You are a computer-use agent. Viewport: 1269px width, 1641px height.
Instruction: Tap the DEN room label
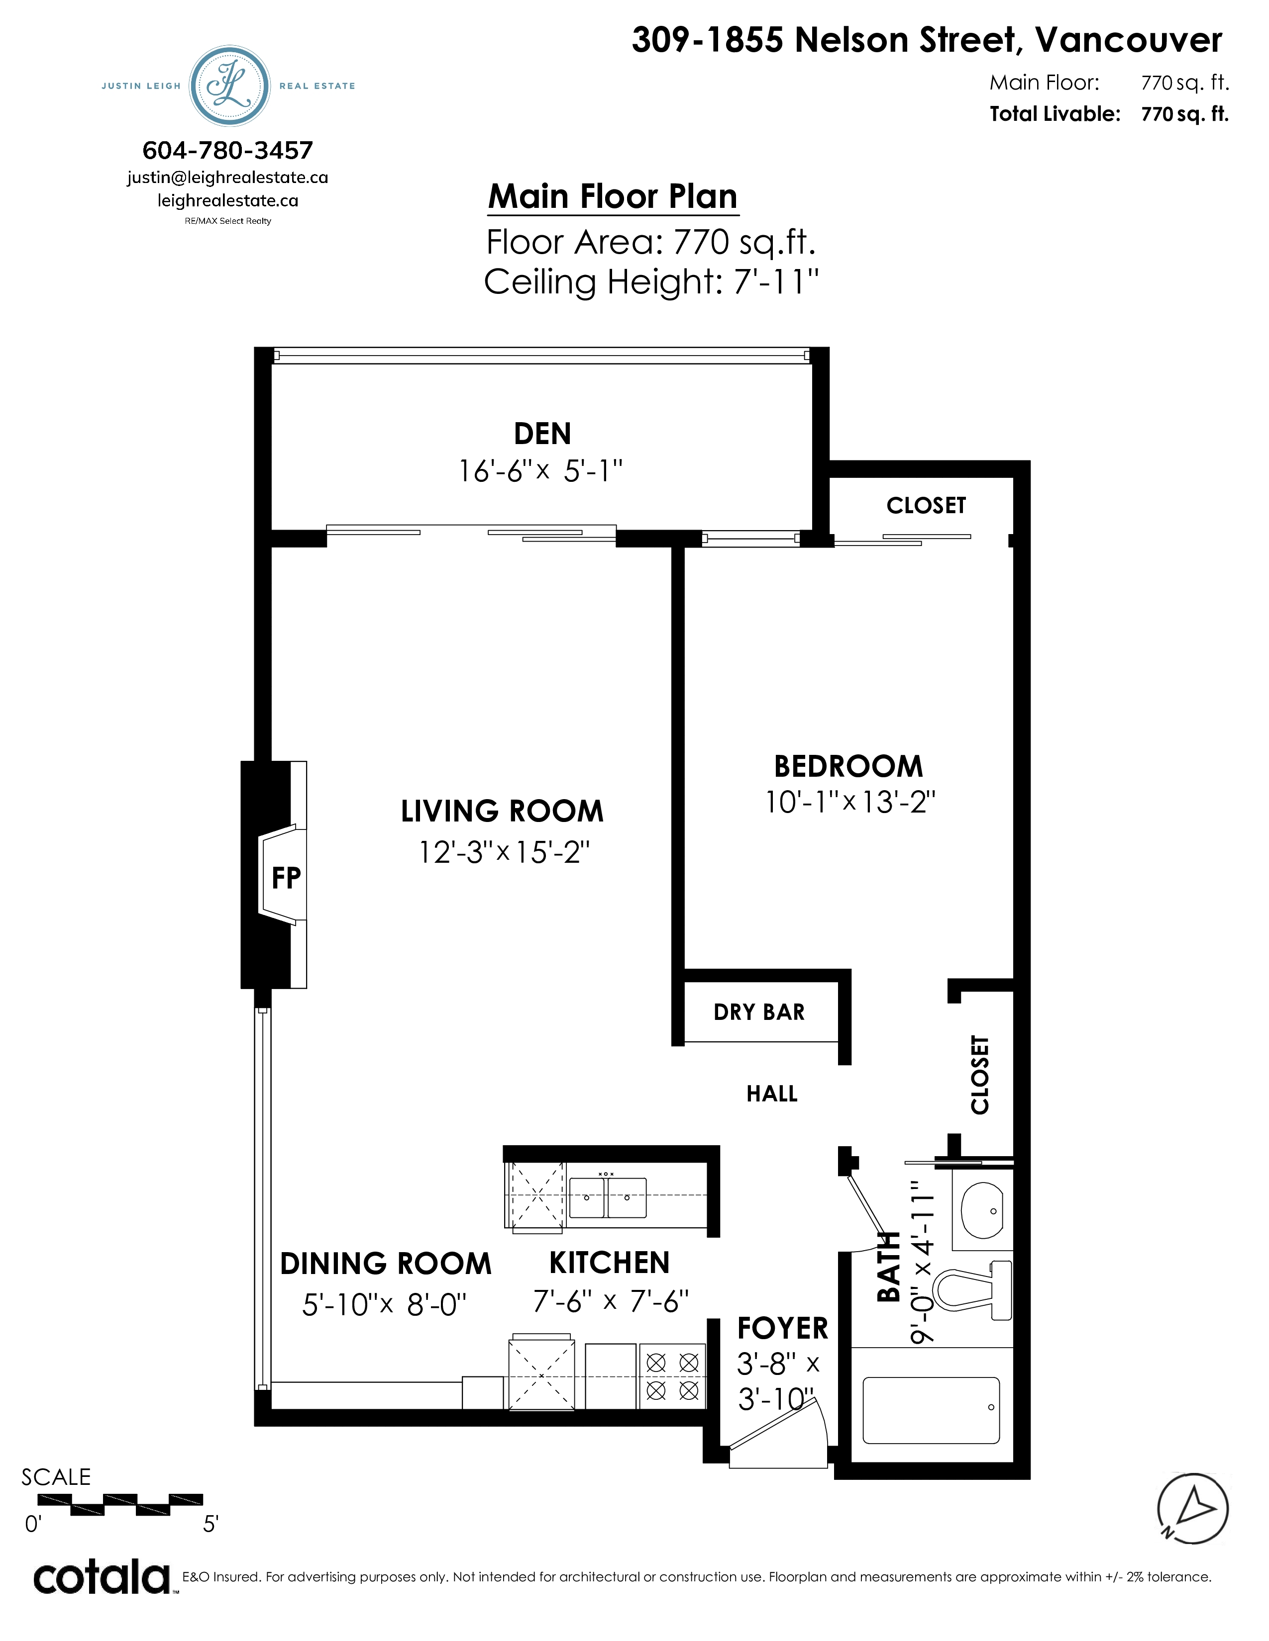click(x=542, y=434)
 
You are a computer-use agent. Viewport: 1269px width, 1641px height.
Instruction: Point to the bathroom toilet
click(x=973, y=1290)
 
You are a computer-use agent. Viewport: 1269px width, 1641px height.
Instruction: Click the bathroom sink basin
click(x=982, y=1210)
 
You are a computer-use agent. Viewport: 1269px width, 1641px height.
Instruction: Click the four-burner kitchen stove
click(x=672, y=1376)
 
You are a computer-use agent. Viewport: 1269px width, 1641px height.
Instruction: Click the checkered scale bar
click(x=120, y=1504)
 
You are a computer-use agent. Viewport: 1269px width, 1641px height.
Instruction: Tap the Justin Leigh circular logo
click(x=229, y=86)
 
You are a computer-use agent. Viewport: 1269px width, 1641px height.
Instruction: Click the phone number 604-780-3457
click(x=228, y=150)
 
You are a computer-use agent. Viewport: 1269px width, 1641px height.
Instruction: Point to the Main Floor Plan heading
click(x=613, y=197)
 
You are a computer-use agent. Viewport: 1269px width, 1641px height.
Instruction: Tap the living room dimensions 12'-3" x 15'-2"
click(x=504, y=852)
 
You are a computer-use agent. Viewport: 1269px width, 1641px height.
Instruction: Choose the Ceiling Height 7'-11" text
click(x=651, y=282)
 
